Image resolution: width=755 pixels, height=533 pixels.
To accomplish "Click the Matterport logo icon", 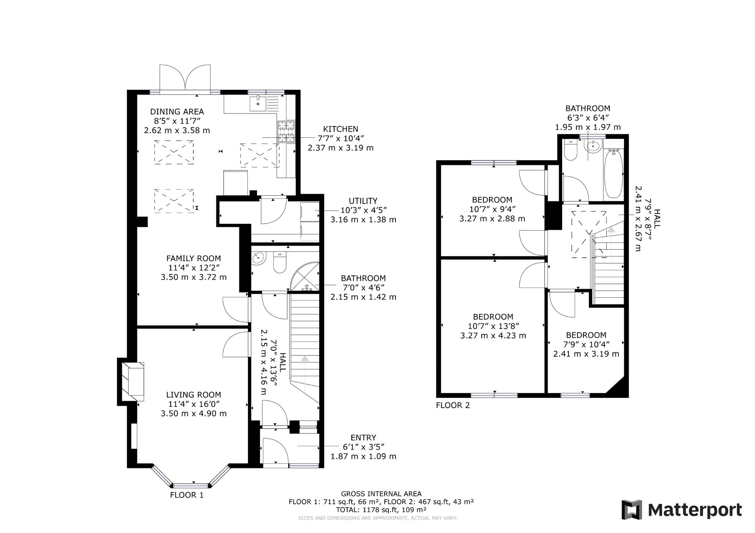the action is click(x=632, y=510).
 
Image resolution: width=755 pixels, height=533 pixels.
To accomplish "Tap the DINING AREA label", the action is click(x=177, y=112).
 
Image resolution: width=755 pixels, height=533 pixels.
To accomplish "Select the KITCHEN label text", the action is click(x=341, y=129).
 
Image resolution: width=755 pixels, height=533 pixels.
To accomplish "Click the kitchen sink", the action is click(x=258, y=104).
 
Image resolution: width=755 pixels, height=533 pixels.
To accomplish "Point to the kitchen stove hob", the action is click(x=287, y=132).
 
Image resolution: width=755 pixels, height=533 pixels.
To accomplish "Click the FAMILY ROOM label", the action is click(x=194, y=258).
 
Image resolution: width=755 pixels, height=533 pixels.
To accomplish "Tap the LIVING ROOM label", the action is click(x=194, y=395).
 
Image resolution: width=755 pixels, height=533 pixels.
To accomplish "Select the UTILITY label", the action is click(x=363, y=201).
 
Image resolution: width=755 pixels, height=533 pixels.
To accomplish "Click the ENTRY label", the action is click(x=364, y=438).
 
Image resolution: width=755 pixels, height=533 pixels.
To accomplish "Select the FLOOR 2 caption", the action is click(x=453, y=406).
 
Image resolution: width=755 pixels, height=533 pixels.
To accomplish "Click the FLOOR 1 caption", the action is click(x=187, y=495).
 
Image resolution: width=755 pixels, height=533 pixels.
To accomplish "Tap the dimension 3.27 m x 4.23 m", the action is click(x=493, y=335).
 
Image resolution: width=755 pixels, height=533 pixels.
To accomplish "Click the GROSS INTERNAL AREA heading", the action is click(x=381, y=494).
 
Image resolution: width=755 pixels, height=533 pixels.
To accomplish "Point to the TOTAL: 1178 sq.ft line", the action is click(x=381, y=510).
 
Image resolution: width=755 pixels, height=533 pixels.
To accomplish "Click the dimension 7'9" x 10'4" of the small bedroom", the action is click(x=586, y=344).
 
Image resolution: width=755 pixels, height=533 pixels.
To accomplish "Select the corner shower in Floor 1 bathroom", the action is click(x=305, y=277).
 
